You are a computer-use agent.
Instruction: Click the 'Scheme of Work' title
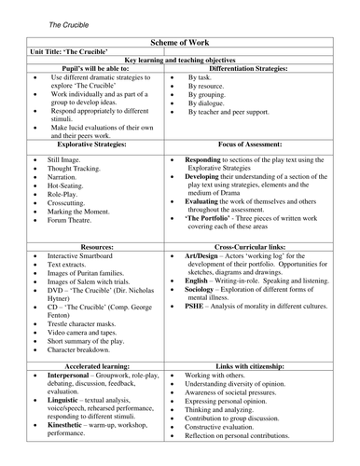180,43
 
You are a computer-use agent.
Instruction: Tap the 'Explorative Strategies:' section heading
89,144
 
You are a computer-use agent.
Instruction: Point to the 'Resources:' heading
89,240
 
